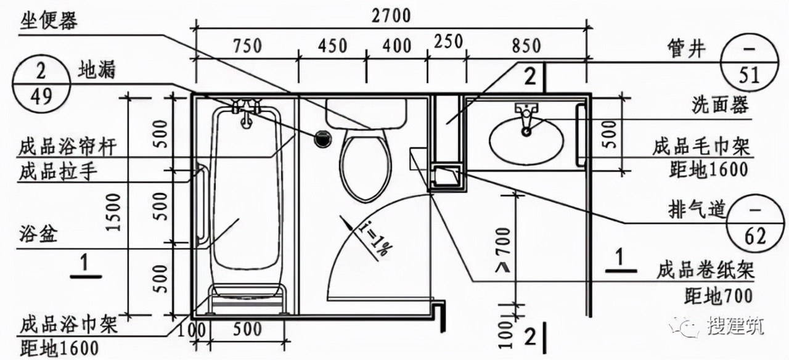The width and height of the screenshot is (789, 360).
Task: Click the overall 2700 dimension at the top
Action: (x=391, y=16)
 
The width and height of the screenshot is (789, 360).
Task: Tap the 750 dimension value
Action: (x=248, y=46)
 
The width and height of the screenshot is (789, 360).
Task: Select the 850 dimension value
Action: (x=526, y=46)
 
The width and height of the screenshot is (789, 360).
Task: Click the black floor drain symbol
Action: (x=322, y=139)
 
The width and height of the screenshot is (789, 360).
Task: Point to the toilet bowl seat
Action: (x=366, y=165)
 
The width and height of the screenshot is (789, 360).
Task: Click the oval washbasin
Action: (x=526, y=141)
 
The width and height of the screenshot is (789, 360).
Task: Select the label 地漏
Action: (x=97, y=70)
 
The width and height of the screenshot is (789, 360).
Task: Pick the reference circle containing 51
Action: (x=750, y=63)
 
